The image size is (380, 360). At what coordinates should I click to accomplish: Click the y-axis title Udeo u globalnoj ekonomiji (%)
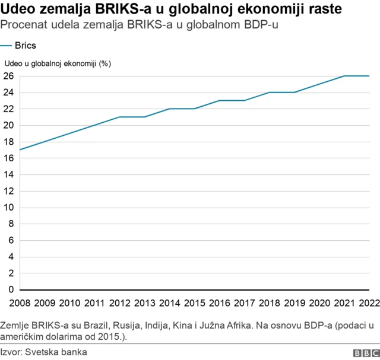point(58,63)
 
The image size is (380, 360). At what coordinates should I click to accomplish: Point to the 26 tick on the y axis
point(8,76)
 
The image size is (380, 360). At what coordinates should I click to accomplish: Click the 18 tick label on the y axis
point(8,142)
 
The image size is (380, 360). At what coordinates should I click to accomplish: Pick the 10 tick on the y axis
point(8,208)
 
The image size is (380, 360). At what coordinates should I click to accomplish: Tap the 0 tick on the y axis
point(10,289)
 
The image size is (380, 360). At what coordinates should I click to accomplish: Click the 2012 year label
point(119,304)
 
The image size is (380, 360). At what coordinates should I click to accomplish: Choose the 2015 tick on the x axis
point(194,304)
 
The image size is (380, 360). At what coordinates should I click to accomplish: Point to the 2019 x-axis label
point(294,304)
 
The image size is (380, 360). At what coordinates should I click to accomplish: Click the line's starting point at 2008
point(20,149)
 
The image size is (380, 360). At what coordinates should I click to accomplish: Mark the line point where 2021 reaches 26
point(344,76)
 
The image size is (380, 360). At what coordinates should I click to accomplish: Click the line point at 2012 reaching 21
point(120,117)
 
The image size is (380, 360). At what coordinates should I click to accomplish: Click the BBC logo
point(365,352)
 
